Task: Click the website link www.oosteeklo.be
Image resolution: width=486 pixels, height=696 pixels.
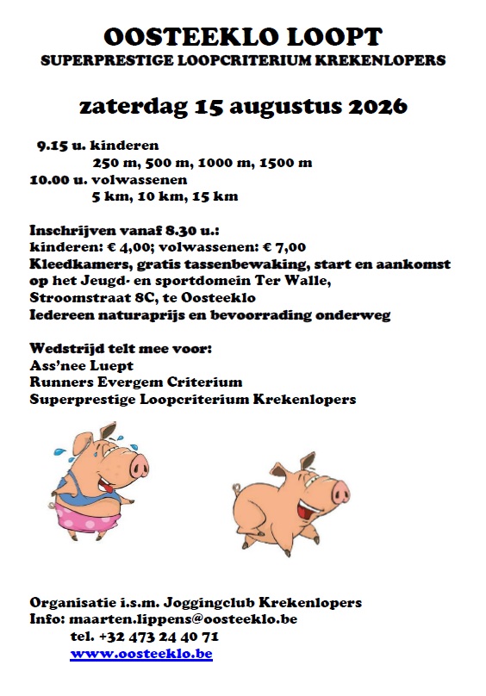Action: pos(141,655)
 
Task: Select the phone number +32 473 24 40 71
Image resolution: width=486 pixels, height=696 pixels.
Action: pos(159,637)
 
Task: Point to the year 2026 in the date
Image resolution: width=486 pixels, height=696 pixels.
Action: pos(378,108)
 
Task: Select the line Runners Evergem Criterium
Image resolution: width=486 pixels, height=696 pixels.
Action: pos(135,382)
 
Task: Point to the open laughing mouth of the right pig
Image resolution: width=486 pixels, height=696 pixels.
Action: pos(308,508)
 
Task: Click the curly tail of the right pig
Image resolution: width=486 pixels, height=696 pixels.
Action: pos(235,490)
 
